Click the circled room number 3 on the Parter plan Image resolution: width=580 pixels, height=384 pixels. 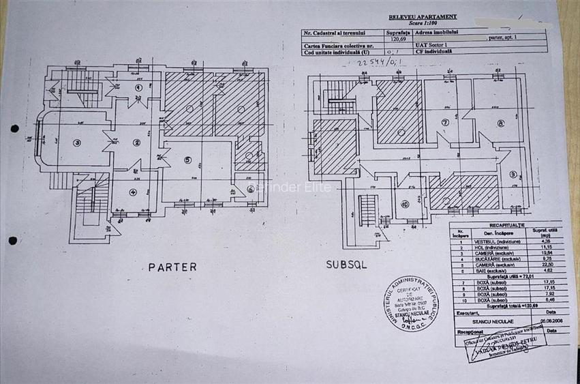pyautogui.click(x=77, y=143)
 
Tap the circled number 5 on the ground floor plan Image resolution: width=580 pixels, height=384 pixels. pyautogui.click(x=188, y=161)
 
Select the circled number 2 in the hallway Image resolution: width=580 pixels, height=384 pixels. pyautogui.click(x=137, y=142)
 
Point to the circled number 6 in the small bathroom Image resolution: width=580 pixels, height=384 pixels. pyautogui.click(x=249, y=156)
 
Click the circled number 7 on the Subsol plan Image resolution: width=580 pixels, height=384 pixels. pyautogui.click(x=445, y=123)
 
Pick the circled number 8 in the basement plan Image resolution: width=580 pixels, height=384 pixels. pyautogui.click(x=500, y=123)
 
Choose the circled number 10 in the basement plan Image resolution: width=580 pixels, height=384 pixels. pyautogui.click(x=405, y=204)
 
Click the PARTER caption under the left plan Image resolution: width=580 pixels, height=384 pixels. pyautogui.click(x=172, y=267)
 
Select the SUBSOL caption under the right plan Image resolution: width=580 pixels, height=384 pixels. pyautogui.click(x=346, y=264)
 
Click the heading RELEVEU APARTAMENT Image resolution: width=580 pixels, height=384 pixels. pyautogui.click(x=423, y=17)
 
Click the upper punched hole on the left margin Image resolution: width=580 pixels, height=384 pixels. pyautogui.click(x=14, y=128)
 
